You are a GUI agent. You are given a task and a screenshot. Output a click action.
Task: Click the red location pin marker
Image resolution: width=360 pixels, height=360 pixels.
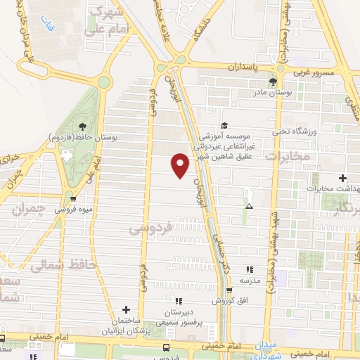[181, 165]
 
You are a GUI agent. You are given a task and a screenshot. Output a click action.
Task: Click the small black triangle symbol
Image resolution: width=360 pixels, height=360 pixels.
[248, 206]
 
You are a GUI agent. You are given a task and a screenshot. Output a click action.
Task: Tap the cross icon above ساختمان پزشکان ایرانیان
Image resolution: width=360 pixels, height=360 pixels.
[126, 309]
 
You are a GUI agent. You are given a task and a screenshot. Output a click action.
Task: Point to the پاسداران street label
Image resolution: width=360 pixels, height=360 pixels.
[243, 66]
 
